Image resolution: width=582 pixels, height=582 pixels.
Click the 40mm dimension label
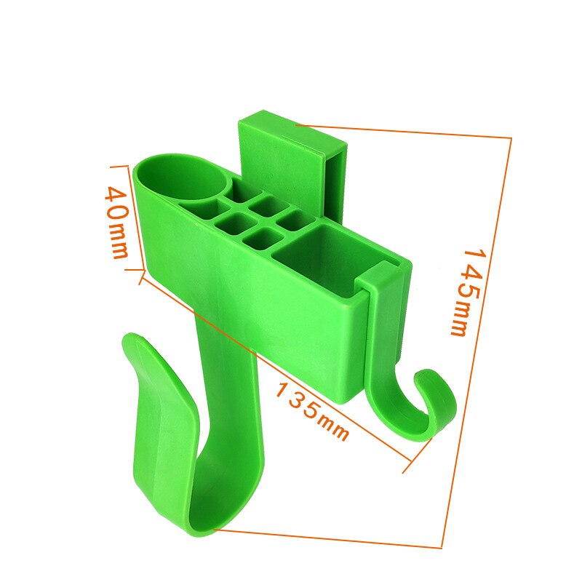[117, 223]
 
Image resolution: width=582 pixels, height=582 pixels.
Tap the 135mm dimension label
[311, 411]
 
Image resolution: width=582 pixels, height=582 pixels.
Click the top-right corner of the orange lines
[511, 137]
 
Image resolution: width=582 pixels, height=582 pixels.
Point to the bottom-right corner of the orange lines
[442, 547]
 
